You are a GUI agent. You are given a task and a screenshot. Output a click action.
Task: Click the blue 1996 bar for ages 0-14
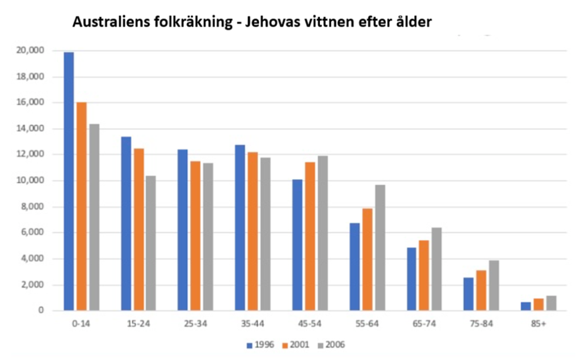[x=69, y=181]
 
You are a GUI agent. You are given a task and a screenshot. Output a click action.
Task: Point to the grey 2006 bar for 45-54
[x=322, y=233]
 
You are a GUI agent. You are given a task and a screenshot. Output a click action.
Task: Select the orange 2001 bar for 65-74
[x=424, y=276]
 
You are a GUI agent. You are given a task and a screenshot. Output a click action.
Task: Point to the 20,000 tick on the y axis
[x=31, y=51]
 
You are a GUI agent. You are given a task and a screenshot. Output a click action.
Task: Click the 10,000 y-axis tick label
[x=31, y=181]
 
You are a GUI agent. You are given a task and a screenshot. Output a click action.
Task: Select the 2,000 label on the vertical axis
[x=33, y=285]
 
